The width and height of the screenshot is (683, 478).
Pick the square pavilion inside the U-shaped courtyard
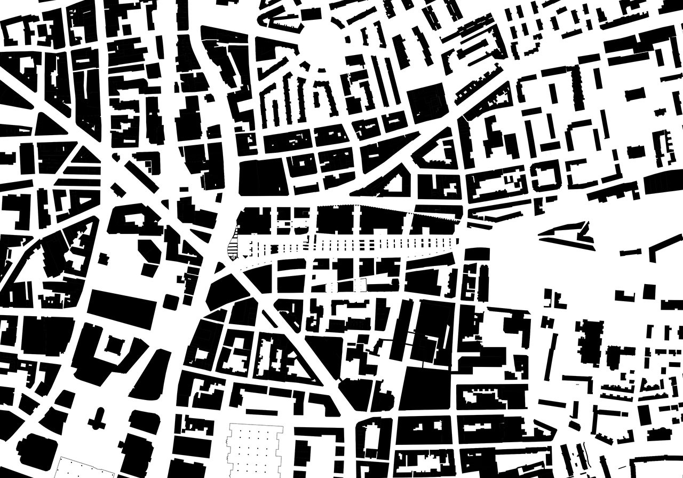(x=113, y=347)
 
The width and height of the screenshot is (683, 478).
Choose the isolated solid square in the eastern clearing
(x=649, y=292)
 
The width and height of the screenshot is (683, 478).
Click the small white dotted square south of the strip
(x=361, y=286)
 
